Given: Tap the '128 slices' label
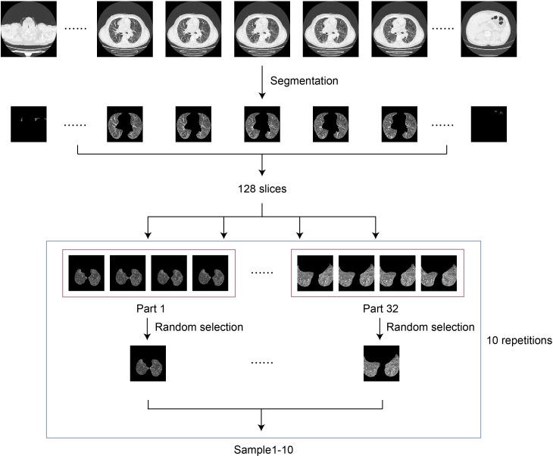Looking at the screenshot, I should pyautogui.click(x=262, y=189).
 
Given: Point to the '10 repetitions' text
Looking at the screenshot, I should pyautogui.click(x=520, y=340).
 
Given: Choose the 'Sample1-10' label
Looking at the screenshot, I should pyautogui.click(x=262, y=450).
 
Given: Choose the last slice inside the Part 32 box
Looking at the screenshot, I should pyautogui.click(x=438, y=272).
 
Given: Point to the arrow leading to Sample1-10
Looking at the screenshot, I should pyautogui.click(x=261, y=419).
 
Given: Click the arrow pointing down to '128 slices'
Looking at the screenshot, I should pyautogui.click(x=261, y=165).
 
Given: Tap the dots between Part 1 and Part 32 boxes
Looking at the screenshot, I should pyautogui.click(x=261, y=272).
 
